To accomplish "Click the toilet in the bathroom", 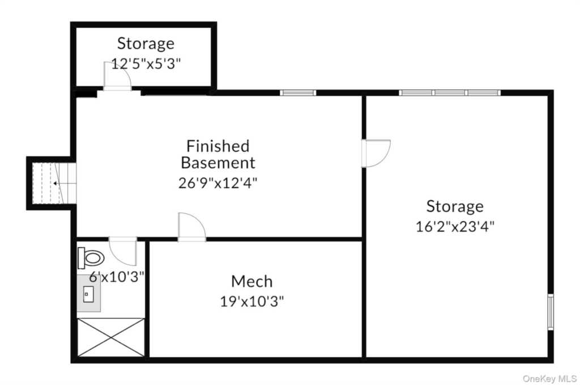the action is click(91, 257).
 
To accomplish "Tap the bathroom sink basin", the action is click(88, 294).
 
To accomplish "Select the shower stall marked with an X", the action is click(111, 337).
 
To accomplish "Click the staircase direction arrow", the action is click(56, 183).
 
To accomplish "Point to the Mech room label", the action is click(252, 282).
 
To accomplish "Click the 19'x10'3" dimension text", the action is click(252, 301).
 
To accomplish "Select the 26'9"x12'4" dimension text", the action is click(218, 183).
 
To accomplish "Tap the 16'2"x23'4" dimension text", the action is click(455, 226).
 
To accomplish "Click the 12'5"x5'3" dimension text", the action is click(146, 64).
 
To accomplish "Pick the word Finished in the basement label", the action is click(218, 146).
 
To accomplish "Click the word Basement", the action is click(218, 163).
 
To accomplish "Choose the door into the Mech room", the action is click(192, 227).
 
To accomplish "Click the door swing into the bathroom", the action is click(123, 251).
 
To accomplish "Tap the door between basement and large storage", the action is click(376, 153).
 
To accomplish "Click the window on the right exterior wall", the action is click(551, 312).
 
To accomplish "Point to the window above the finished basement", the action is click(298, 92).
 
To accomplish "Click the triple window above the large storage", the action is click(450, 92).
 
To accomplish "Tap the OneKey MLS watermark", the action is click(549, 378).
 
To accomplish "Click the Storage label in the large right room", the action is click(455, 206).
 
